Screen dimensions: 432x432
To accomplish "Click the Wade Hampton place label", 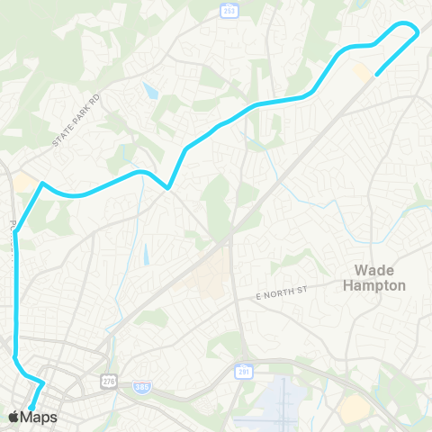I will (375, 277).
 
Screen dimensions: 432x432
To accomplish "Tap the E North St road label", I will (282, 294).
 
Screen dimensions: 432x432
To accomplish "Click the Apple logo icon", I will (14, 417).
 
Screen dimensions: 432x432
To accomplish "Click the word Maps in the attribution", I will (40, 417).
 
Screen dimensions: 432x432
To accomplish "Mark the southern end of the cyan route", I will (31, 407).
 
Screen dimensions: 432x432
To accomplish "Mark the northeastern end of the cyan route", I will (375, 75).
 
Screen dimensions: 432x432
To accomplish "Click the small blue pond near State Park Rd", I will (150, 91).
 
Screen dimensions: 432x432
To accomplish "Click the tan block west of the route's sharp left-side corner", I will (24, 183).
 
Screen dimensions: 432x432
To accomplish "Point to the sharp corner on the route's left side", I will (42, 184).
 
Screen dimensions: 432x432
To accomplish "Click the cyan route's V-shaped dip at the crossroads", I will (168, 188).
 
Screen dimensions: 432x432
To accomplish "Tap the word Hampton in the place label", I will (375, 285).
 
